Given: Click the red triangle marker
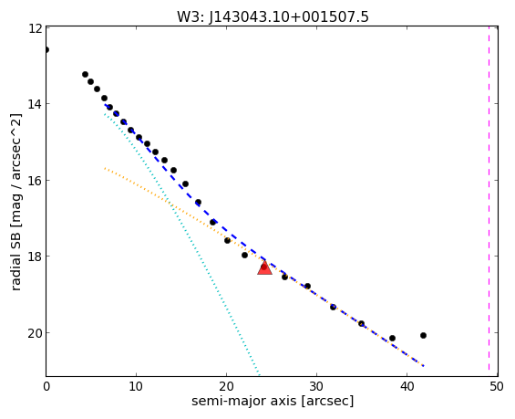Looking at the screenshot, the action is pyautogui.click(x=264, y=268).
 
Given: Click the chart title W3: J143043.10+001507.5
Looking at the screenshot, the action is pyautogui.click(x=273, y=16).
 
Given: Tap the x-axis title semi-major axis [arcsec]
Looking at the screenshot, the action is pyautogui.click(x=273, y=402).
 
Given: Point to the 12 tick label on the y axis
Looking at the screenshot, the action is pyautogui.click(x=36, y=28).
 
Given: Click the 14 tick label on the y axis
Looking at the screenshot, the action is pyautogui.click(x=36, y=104).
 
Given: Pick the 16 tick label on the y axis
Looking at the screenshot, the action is pyautogui.click(x=36, y=181).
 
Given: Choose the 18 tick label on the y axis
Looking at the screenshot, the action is pyautogui.click(x=36, y=257).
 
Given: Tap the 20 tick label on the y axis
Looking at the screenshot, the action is pyautogui.click(x=36, y=333).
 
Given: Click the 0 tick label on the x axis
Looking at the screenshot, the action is pyautogui.click(x=46, y=387).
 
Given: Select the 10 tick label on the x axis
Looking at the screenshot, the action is pyautogui.click(x=136, y=387).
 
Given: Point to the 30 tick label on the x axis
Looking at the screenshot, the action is pyautogui.click(x=316, y=387).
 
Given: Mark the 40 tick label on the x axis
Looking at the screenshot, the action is pyautogui.click(x=407, y=387).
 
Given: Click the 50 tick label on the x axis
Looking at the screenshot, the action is pyautogui.click(x=497, y=387).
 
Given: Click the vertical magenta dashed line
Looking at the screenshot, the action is pyautogui.click(x=489, y=201).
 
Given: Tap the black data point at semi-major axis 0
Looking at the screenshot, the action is pyautogui.click(x=46, y=50).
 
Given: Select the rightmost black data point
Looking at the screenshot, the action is pyautogui.click(x=423, y=335).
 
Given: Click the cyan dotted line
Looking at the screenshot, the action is pyautogui.click(x=182, y=245).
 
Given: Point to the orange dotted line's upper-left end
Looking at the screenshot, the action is pyautogui.click(x=105, y=168).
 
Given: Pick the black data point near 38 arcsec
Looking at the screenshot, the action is pyautogui.click(x=392, y=338).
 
